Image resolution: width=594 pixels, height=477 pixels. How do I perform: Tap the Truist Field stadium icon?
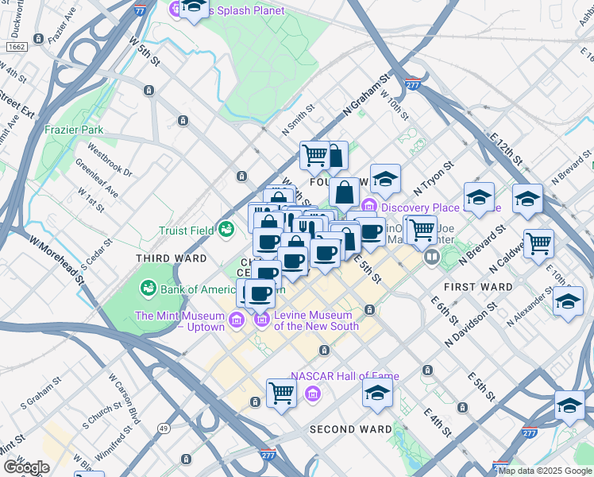226,230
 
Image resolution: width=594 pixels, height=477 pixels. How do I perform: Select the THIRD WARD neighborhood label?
172,258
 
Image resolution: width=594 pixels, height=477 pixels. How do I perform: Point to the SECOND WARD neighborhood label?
344,429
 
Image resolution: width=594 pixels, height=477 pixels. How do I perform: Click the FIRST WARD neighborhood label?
478,286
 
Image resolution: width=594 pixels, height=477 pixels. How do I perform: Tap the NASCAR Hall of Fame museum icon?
313,394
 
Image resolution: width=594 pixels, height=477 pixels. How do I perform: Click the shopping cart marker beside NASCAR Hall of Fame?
281,392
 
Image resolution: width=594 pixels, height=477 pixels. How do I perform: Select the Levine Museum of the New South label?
316,320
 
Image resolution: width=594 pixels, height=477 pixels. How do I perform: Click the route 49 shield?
164,428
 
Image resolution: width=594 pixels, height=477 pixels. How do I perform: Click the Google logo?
26,467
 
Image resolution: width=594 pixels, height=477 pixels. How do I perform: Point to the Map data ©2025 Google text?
545,471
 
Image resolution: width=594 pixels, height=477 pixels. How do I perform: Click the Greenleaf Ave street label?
96,181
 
